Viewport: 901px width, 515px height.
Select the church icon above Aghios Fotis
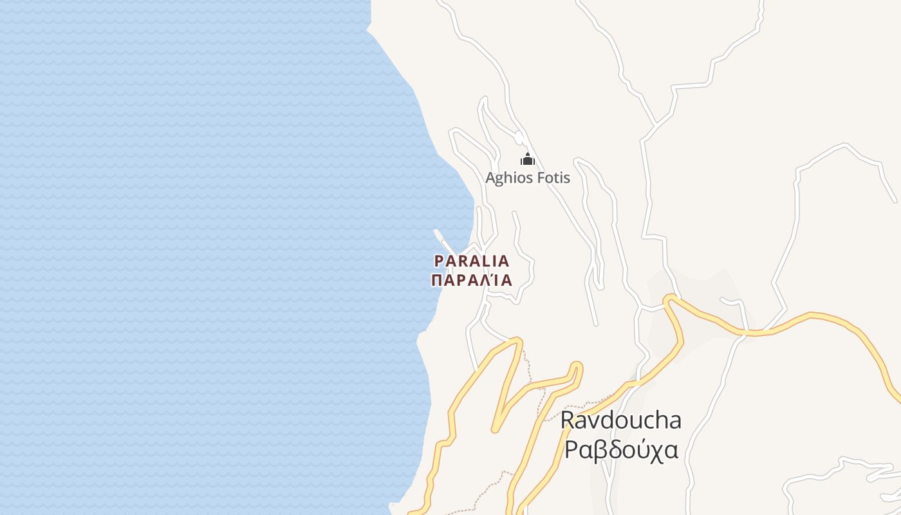[528, 159]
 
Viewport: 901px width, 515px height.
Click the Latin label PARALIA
[472, 261]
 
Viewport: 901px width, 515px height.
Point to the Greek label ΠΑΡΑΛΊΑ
[472, 281]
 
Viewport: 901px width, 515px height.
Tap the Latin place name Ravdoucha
[620, 420]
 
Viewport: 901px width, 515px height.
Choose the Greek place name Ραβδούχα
[620, 449]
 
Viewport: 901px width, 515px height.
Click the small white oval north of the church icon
[519, 137]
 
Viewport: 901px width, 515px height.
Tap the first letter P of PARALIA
[439, 261]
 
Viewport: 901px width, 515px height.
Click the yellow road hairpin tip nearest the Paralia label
[517, 341]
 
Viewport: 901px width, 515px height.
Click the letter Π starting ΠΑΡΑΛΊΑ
[437, 281]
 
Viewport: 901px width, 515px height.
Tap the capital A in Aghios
[490, 178]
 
